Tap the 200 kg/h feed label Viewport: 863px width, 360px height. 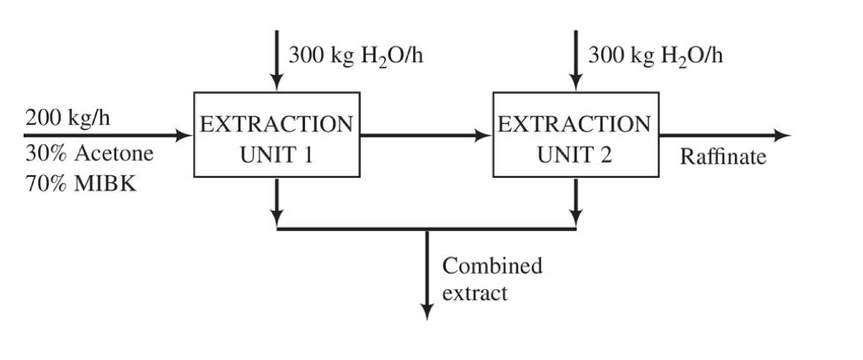(x=67, y=116)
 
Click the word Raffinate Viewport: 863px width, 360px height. (x=723, y=158)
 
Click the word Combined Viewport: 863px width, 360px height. (x=492, y=266)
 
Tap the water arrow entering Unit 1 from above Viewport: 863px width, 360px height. (x=276, y=59)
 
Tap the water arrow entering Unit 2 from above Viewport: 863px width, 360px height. (x=576, y=59)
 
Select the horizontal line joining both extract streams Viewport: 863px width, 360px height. (x=354, y=228)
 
